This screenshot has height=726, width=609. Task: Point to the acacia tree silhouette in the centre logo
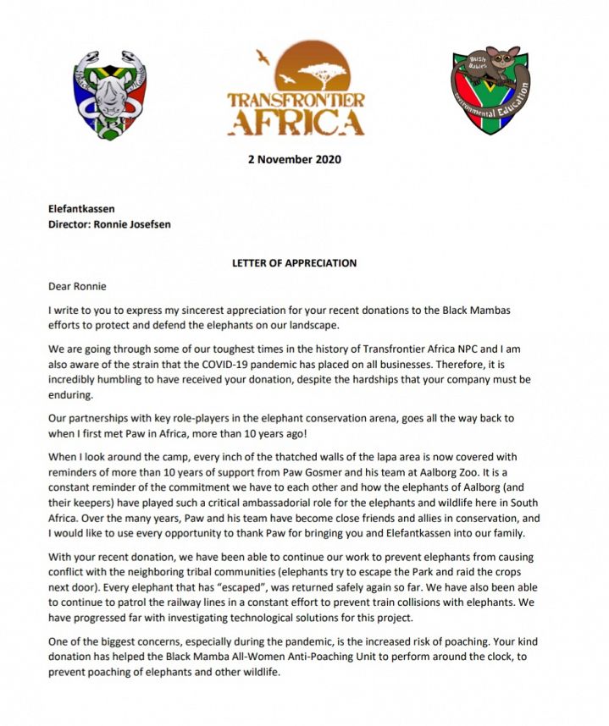320,74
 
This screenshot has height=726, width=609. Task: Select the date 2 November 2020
295,159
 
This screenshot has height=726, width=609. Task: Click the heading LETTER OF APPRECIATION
294,263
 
